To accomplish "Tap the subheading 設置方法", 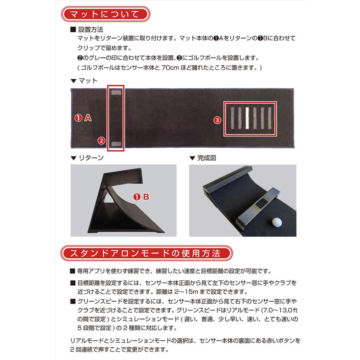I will [x=90, y=30].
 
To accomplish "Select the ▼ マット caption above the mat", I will [x=84, y=80].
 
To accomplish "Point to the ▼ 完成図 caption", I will [x=203, y=158].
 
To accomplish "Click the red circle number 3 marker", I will [x=217, y=120].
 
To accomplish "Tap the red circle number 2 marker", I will [x=101, y=140].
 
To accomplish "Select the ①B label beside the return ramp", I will [x=141, y=197].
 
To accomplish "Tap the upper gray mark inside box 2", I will [x=116, y=93].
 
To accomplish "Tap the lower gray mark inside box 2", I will [x=116, y=143].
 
